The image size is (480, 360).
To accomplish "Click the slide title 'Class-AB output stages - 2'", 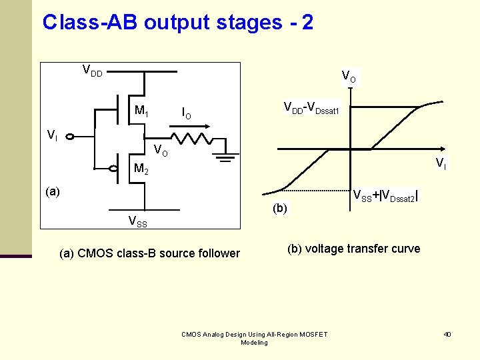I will pyautogui.click(x=177, y=23).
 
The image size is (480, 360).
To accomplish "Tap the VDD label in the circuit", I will pyautogui.click(x=92, y=70).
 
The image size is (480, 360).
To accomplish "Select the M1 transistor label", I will pyautogui.click(x=141, y=111).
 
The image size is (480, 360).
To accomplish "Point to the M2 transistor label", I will pyautogui.click(x=141, y=169).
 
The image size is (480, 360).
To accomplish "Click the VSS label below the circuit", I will pyautogui.click(x=138, y=221).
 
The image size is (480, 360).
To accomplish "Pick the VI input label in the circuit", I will pyautogui.click(x=52, y=135).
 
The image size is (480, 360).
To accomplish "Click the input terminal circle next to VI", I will pyautogui.click(x=69, y=137).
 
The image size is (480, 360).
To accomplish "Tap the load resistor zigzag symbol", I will pyautogui.click(x=192, y=139).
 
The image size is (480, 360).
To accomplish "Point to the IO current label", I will pyautogui.click(x=187, y=114).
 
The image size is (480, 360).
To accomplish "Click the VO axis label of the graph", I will pyautogui.click(x=348, y=77).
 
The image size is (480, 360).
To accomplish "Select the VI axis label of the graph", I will pyautogui.click(x=441, y=163).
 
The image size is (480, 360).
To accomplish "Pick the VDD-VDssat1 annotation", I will pyautogui.click(x=311, y=108).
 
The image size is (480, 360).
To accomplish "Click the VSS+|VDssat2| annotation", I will pyautogui.click(x=385, y=195).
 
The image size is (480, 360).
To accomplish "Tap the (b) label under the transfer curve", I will pyautogui.click(x=279, y=208).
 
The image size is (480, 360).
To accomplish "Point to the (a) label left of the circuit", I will pyautogui.click(x=53, y=192).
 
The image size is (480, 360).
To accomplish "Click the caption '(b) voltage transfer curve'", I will pyautogui.click(x=353, y=249).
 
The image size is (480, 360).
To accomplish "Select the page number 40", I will pyautogui.click(x=447, y=334).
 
